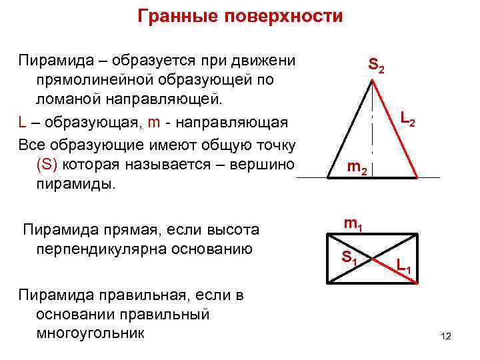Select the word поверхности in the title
pos(285,16)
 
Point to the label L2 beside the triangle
pos(408,120)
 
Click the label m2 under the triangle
pos(357,170)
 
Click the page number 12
pos(446,336)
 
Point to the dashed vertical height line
pos(372,133)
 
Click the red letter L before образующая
pos(23,123)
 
